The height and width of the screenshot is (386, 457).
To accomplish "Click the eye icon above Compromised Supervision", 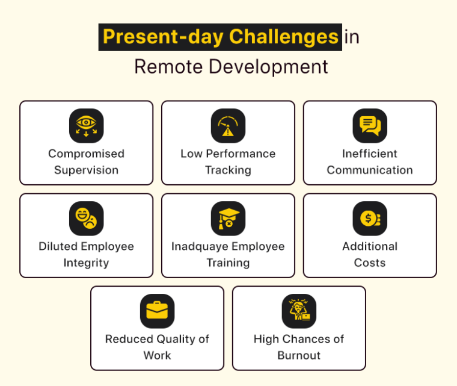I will [87, 126].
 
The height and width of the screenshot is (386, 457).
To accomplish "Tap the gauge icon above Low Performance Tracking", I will [228, 126].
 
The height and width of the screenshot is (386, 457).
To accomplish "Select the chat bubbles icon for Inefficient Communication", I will [370, 126].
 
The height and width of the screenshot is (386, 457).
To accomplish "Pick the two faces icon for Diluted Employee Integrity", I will [87, 219].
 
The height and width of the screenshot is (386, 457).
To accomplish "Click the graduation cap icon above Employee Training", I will [228, 219].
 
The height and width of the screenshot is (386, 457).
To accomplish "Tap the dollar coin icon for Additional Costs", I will [370, 219].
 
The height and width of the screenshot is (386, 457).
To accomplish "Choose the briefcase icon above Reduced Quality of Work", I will [157, 311].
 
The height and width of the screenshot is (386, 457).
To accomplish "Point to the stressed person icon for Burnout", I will [299, 311].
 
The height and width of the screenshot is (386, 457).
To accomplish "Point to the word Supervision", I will [86, 170].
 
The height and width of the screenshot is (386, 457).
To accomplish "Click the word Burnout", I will [299, 355].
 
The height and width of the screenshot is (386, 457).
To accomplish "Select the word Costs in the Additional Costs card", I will [370, 263].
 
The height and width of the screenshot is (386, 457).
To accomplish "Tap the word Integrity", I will [86, 263].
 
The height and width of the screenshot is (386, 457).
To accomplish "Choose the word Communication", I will [370, 170].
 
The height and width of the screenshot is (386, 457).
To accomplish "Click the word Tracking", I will [228, 170].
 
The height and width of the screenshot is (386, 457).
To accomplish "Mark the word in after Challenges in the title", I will [352, 37].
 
